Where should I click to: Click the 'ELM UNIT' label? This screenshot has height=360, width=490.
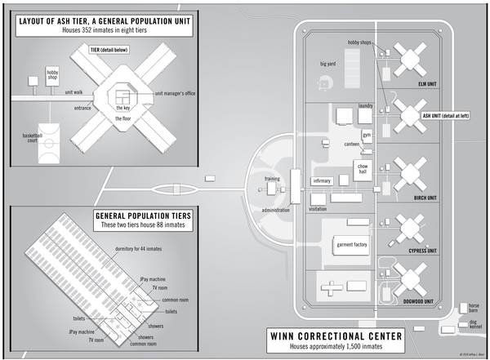pyautogui.click(x=419, y=84)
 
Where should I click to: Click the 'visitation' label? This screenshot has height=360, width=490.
pyautogui.click(x=317, y=209)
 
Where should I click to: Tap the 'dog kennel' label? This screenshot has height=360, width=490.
pyautogui.click(x=473, y=327)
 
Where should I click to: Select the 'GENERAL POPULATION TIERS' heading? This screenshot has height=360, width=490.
pyautogui.click(x=98, y=214)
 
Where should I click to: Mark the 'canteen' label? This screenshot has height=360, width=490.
pyautogui.click(x=352, y=144)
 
